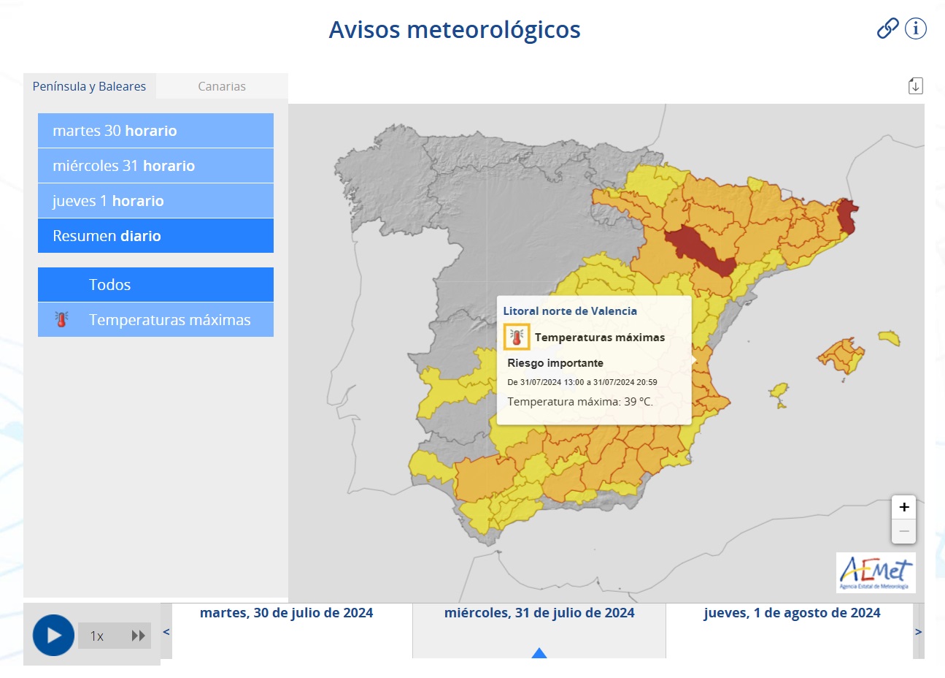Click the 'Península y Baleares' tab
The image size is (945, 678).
[89, 86]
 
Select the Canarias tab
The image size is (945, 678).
[222, 86]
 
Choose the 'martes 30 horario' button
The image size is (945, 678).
[155, 131]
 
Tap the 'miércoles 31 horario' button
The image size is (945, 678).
[155, 166]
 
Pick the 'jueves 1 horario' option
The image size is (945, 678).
[155, 201]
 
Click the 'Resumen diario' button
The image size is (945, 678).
[155, 236]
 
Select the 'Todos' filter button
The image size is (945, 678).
[155, 285]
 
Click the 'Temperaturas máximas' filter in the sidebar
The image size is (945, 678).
[155, 320]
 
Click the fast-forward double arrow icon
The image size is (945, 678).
[138, 636]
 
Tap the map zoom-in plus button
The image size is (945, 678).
[904, 507]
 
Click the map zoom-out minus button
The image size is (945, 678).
[904, 531]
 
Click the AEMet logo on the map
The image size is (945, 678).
[876, 572]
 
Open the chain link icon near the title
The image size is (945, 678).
[887, 28]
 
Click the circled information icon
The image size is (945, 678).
[916, 28]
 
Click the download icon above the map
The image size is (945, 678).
[916, 85]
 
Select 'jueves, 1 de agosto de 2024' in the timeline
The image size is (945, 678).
[792, 613]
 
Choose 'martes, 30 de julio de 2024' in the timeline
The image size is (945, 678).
[286, 613]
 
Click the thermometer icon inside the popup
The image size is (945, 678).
[517, 337]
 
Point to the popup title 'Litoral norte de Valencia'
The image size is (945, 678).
[570, 311]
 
